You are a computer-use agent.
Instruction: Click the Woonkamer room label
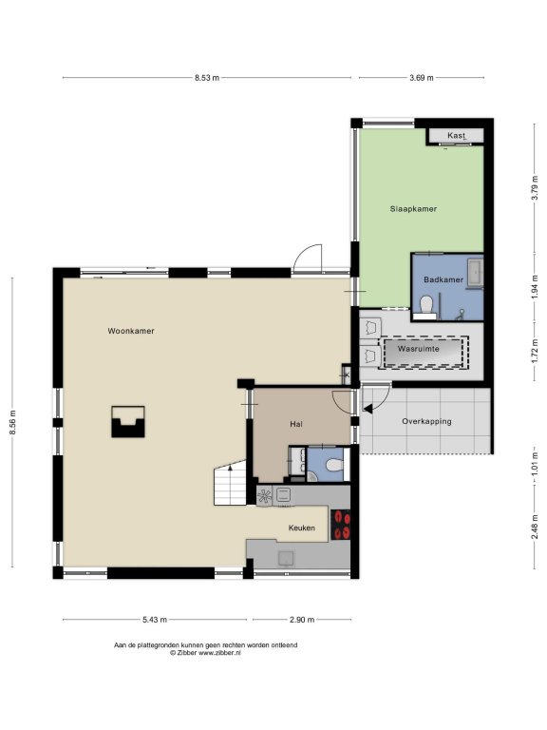coord(131,331)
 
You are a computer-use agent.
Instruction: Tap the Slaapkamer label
coord(413,209)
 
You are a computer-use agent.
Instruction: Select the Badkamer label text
coord(443,279)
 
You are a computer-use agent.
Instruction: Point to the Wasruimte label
coord(418,349)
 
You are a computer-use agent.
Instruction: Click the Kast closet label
coord(456,136)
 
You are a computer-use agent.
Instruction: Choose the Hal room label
coord(296,424)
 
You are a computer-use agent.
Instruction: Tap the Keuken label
coord(302,528)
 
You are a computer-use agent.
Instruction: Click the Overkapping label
coord(426,422)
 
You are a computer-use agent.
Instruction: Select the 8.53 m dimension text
coord(207,78)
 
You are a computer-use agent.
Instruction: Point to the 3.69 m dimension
coord(422,78)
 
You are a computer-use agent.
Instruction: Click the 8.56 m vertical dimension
coord(13,422)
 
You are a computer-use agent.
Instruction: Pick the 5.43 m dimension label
coord(155,620)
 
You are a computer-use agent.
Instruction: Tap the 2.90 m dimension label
coord(302,620)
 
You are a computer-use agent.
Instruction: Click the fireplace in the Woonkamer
coord(128,422)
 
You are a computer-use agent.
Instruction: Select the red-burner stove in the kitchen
coord(340,525)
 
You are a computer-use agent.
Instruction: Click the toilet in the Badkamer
coord(426,305)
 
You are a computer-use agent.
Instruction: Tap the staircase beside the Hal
coord(230,483)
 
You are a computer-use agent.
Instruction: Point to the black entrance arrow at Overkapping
coord(368,410)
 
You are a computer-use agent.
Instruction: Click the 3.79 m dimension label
coord(535,187)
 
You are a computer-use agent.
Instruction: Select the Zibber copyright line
coord(205,653)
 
